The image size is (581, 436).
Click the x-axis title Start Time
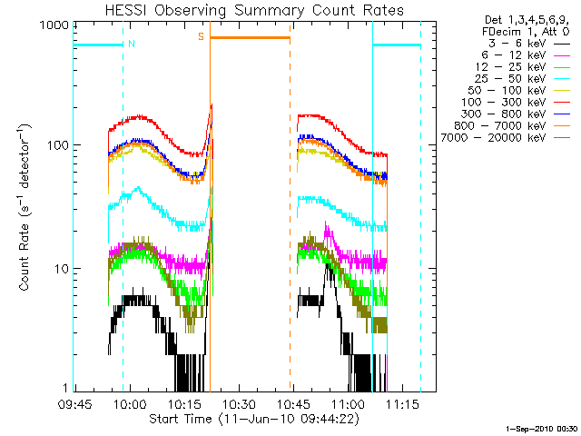coord(241,420)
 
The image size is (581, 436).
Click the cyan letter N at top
coord(132,43)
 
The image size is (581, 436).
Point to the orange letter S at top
coord(201,36)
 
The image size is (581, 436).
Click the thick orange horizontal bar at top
coord(251,37)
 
